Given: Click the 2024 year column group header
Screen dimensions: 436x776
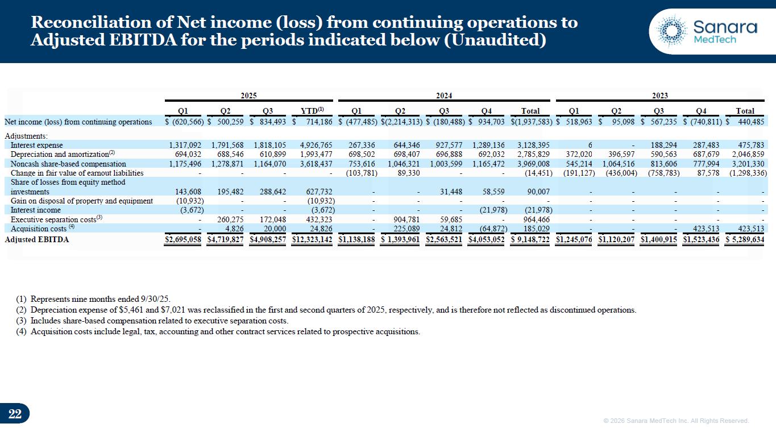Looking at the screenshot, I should click(x=444, y=96).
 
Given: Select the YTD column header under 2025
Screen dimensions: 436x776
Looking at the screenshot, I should click(x=312, y=111).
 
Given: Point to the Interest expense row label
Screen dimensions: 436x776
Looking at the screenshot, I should click(x=37, y=146).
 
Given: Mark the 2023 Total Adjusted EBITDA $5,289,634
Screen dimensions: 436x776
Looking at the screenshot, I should click(x=745, y=240).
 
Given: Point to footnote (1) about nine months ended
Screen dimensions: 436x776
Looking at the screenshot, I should click(x=93, y=299).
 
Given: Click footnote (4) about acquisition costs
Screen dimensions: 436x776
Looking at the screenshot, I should click(x=218, y=332).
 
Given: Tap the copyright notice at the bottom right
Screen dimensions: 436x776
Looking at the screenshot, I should click(x=676, y=421).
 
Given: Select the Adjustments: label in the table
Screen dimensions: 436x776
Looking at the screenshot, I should click(x=26, y=136).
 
